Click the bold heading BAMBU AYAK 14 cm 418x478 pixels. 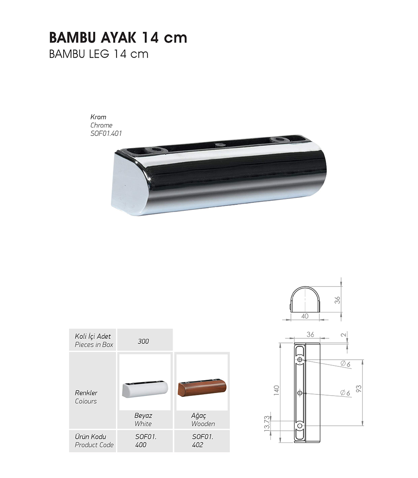click(118, 38)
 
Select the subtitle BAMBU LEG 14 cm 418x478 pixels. click(99, 54)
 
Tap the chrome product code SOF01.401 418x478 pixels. click(106, 133)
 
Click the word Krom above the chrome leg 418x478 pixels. click(98, 117)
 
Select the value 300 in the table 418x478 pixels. click(143, 341)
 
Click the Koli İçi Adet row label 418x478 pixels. click(93, 336)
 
